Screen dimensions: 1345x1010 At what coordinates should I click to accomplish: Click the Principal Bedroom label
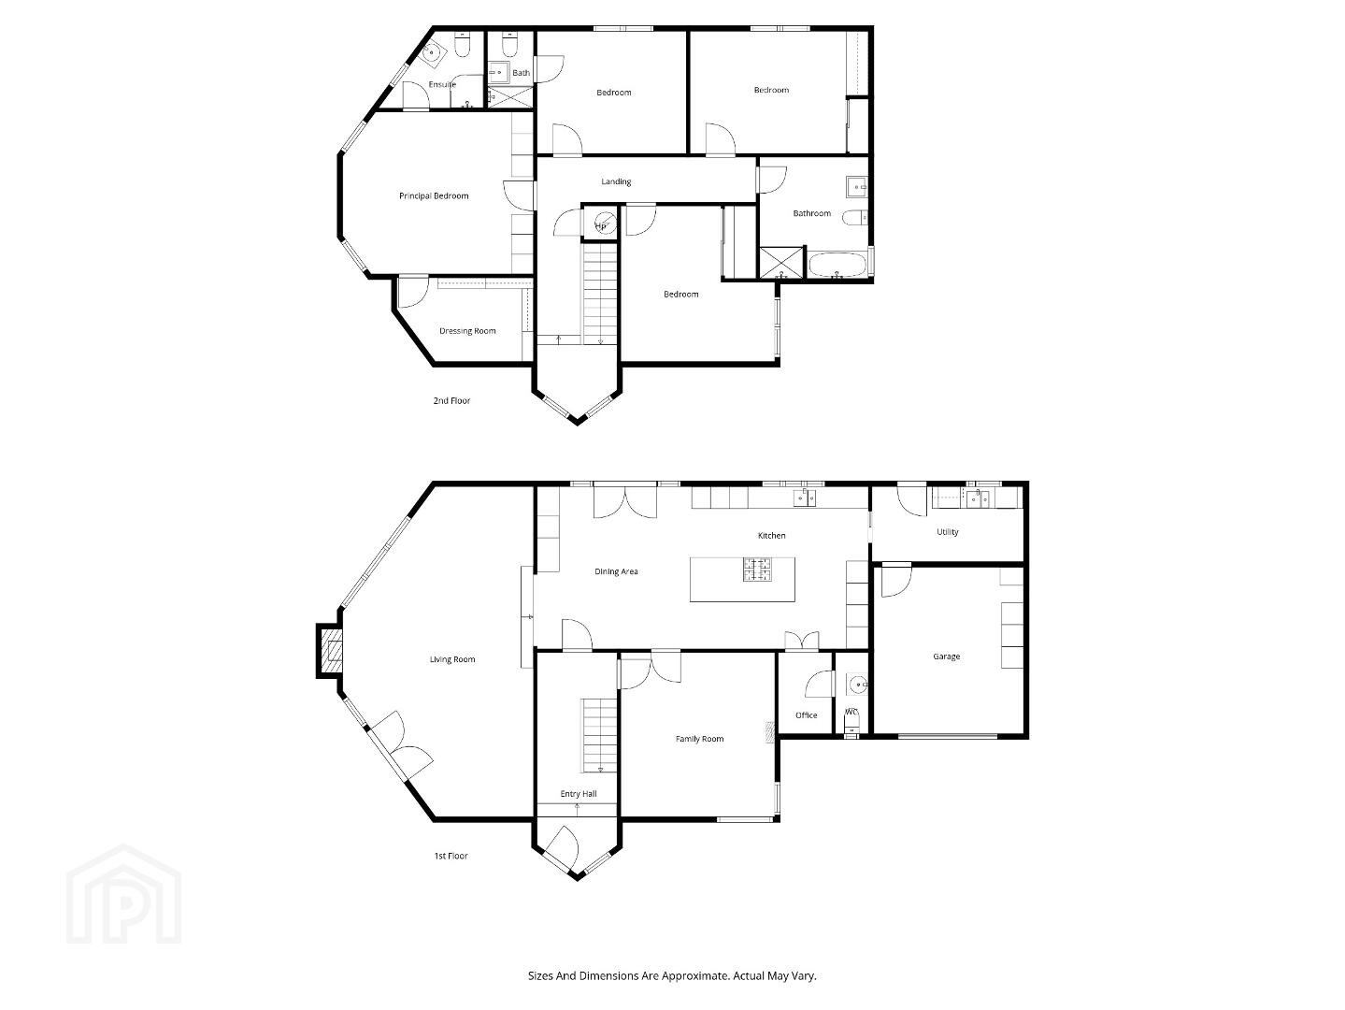[x=434, y=196]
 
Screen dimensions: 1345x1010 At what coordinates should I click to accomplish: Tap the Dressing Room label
[x=467, y=331]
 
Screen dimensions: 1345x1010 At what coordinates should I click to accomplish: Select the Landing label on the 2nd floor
[x=616, y=181]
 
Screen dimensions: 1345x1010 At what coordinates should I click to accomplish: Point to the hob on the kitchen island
[x=758, y=570]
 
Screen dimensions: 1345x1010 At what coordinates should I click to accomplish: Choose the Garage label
[x=946, y=656]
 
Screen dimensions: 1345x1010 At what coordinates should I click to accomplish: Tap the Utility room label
[x=948, y=532]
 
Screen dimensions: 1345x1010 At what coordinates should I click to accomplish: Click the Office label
[x=807, y=715]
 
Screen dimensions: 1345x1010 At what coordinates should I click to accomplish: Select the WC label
[x=851, y=713]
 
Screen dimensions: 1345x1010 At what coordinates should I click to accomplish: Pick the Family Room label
[x=700, y=739]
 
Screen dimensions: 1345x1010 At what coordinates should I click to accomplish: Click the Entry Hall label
[x=579, y=794]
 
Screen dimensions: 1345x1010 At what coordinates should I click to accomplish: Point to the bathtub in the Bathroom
[x=837, y=266]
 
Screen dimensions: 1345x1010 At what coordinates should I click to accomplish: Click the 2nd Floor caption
[x=451, y=401]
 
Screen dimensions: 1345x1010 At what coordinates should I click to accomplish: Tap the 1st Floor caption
[x=451, y=856]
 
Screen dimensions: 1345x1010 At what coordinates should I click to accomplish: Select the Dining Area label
[x=616, y=571]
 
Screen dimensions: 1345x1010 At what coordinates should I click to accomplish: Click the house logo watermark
[x=123, y=894]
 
